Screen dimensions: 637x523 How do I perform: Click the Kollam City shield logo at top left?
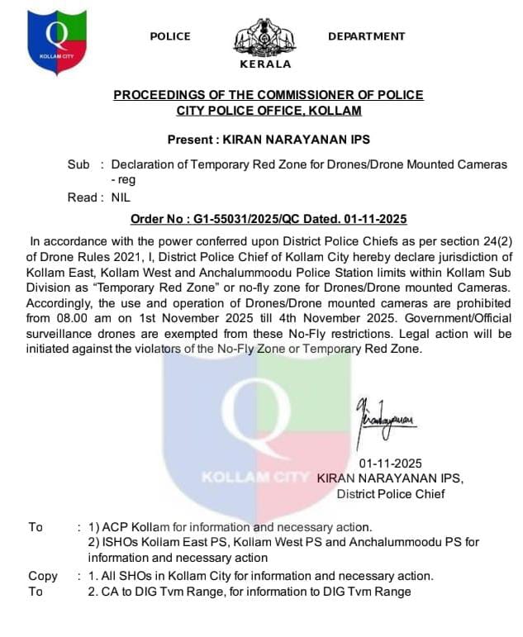click(56, 40)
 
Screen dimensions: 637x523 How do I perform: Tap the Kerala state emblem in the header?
click(265, 37)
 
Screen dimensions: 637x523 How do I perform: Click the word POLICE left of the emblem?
click(170, 36)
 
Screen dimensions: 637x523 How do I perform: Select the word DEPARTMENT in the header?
click(366, 36)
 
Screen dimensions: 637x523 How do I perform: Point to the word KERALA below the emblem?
click(265, 64)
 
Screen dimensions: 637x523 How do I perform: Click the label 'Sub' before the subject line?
click(78, 164)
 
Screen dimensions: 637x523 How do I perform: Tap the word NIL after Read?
click(121, 197)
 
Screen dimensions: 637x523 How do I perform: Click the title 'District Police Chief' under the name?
click(390, 494)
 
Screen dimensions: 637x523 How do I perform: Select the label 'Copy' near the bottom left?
click(43, 576)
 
